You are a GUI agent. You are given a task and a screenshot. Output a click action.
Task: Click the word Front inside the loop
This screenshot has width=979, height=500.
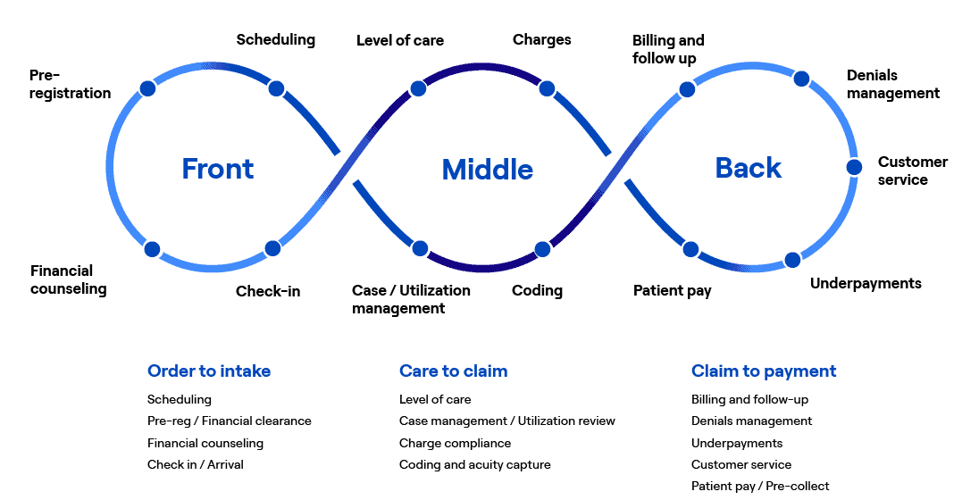217,168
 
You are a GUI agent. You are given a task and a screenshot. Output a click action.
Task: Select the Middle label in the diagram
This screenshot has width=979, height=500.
488,169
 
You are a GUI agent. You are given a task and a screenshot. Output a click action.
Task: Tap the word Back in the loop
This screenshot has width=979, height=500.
749,167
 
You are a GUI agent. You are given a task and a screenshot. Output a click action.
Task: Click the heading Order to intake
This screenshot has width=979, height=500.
209,371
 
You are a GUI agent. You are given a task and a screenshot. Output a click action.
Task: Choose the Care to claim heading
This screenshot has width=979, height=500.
453,371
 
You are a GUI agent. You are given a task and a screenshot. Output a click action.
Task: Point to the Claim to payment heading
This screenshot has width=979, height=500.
764,371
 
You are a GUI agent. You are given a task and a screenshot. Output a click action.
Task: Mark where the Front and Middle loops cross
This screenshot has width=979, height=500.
347,167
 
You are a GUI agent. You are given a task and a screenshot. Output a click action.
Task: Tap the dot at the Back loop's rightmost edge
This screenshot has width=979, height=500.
854,167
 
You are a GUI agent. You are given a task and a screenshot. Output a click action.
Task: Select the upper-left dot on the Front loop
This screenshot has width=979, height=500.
147,88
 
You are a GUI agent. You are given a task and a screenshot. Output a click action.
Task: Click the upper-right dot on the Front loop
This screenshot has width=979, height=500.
277,88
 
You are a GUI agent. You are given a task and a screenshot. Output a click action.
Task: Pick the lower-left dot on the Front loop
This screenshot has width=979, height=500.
152,249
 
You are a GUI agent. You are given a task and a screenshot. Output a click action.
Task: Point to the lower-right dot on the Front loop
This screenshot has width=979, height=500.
273,249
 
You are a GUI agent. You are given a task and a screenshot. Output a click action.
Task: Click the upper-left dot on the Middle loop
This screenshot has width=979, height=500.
417,88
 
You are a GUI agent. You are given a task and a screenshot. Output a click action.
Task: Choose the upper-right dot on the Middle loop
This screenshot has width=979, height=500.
547,88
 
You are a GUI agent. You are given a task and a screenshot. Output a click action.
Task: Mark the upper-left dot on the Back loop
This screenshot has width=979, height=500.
687,88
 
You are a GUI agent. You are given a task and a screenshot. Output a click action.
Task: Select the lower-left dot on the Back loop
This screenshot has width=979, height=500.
690,249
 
